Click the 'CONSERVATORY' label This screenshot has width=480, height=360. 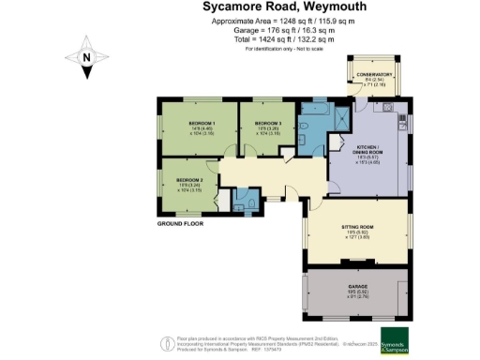[376, 74]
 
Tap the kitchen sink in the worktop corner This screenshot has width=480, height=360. [401, 119]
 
